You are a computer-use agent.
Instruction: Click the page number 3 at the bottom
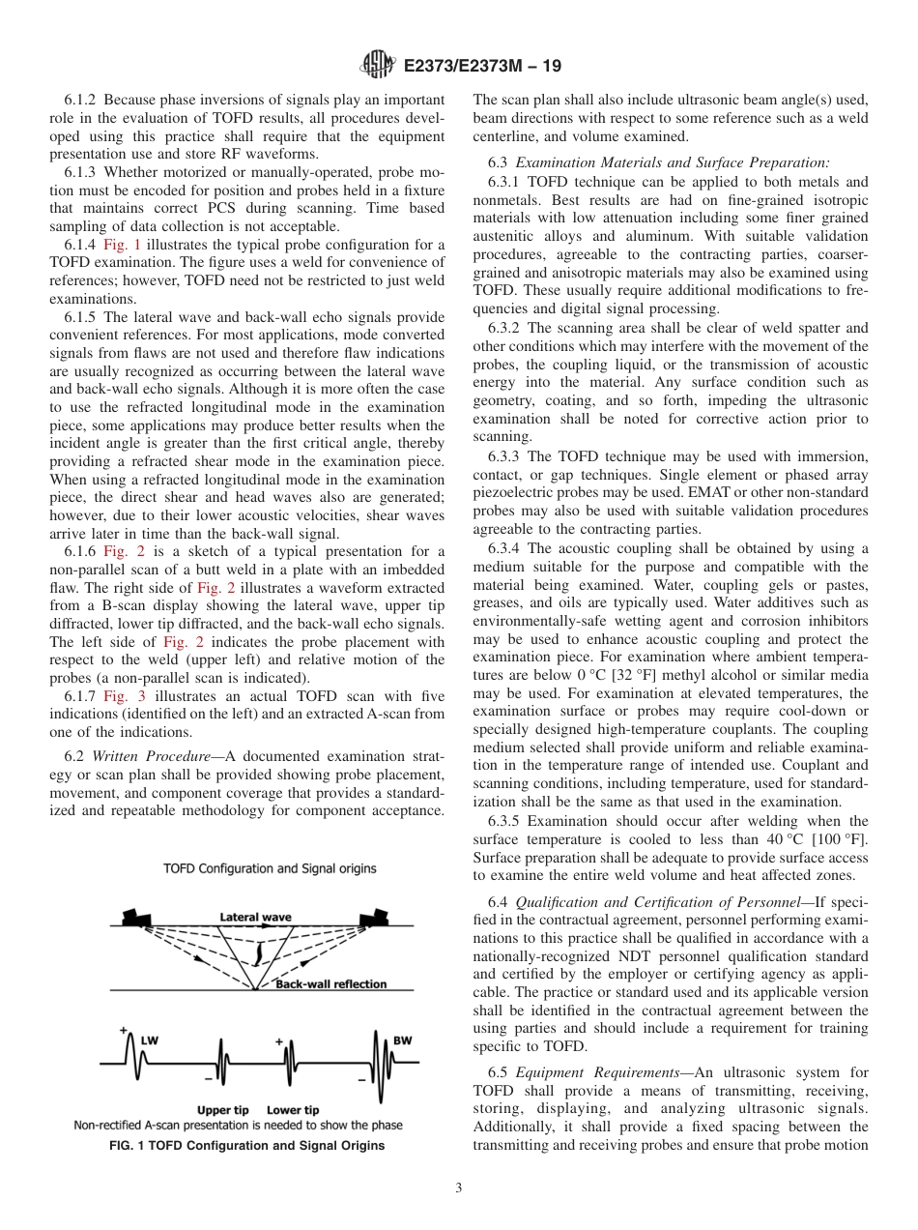point(459,1188)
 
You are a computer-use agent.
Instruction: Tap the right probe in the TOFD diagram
point(374,916)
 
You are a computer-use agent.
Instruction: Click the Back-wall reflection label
point(330,984)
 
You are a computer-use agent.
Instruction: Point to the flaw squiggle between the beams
point(257,955)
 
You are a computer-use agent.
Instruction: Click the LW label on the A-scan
point(150,1040)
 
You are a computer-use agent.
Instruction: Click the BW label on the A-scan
point(403,1040)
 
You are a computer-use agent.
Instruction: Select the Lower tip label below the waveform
point(293,1110)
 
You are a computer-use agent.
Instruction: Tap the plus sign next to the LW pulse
point(124,1031)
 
